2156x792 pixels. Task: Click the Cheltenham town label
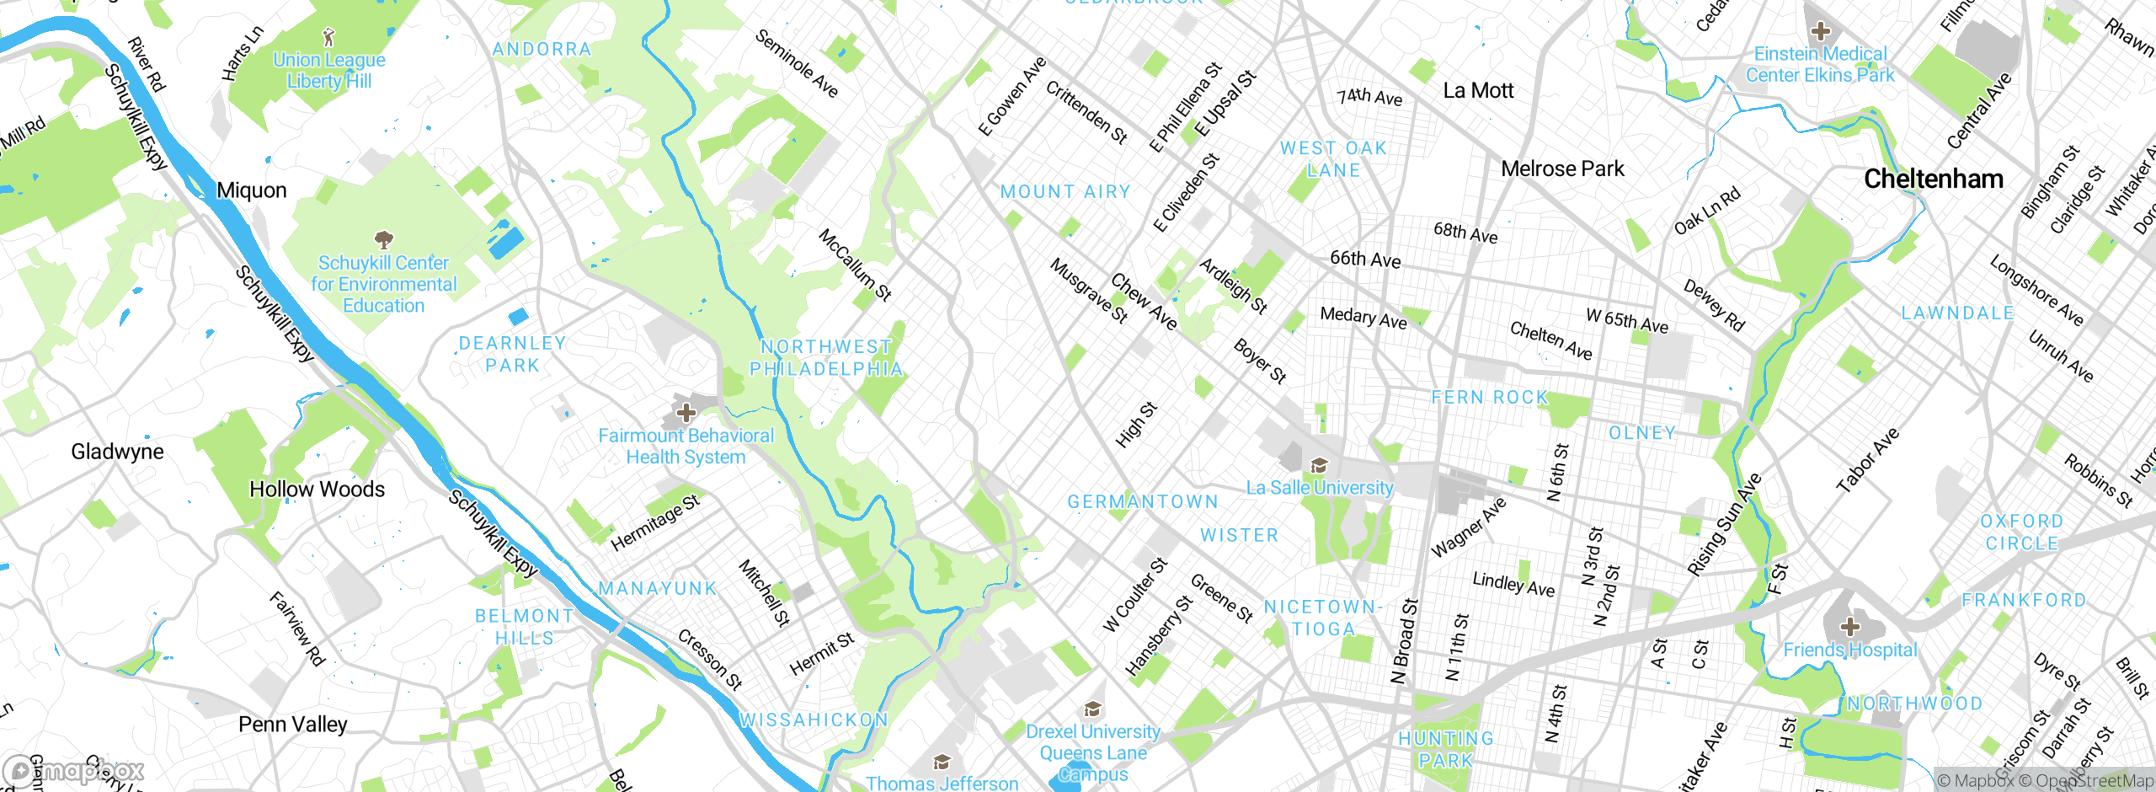coord(1933,179)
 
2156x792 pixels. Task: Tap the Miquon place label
coord(252,190)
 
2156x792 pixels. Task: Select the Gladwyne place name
coord(117,452)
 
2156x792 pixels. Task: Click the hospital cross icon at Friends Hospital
coord(1849,627)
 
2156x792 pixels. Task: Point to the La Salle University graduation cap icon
coord(1319,466)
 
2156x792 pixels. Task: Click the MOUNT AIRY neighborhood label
coord(1065,192)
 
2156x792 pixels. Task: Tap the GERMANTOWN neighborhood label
coord(1143,502)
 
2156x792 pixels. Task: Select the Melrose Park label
coord(1562,169)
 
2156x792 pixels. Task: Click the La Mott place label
coord(1478,91)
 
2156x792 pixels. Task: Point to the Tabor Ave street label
coord(1868,460)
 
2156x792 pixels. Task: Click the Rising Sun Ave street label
coord(1725,525)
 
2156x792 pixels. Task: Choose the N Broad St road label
coord(1405,640)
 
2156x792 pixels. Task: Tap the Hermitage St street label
coord(654,523)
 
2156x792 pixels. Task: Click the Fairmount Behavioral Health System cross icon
coord(686,413)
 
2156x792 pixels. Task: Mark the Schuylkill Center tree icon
coord(383,240)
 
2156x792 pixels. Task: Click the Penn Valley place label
coord(292,725)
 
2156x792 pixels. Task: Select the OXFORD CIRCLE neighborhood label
coord(2021,532)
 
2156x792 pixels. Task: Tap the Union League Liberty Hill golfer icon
coord(329,37)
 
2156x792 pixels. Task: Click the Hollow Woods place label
coord(317,490)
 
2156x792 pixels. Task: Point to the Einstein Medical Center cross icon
coord(1820,32)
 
